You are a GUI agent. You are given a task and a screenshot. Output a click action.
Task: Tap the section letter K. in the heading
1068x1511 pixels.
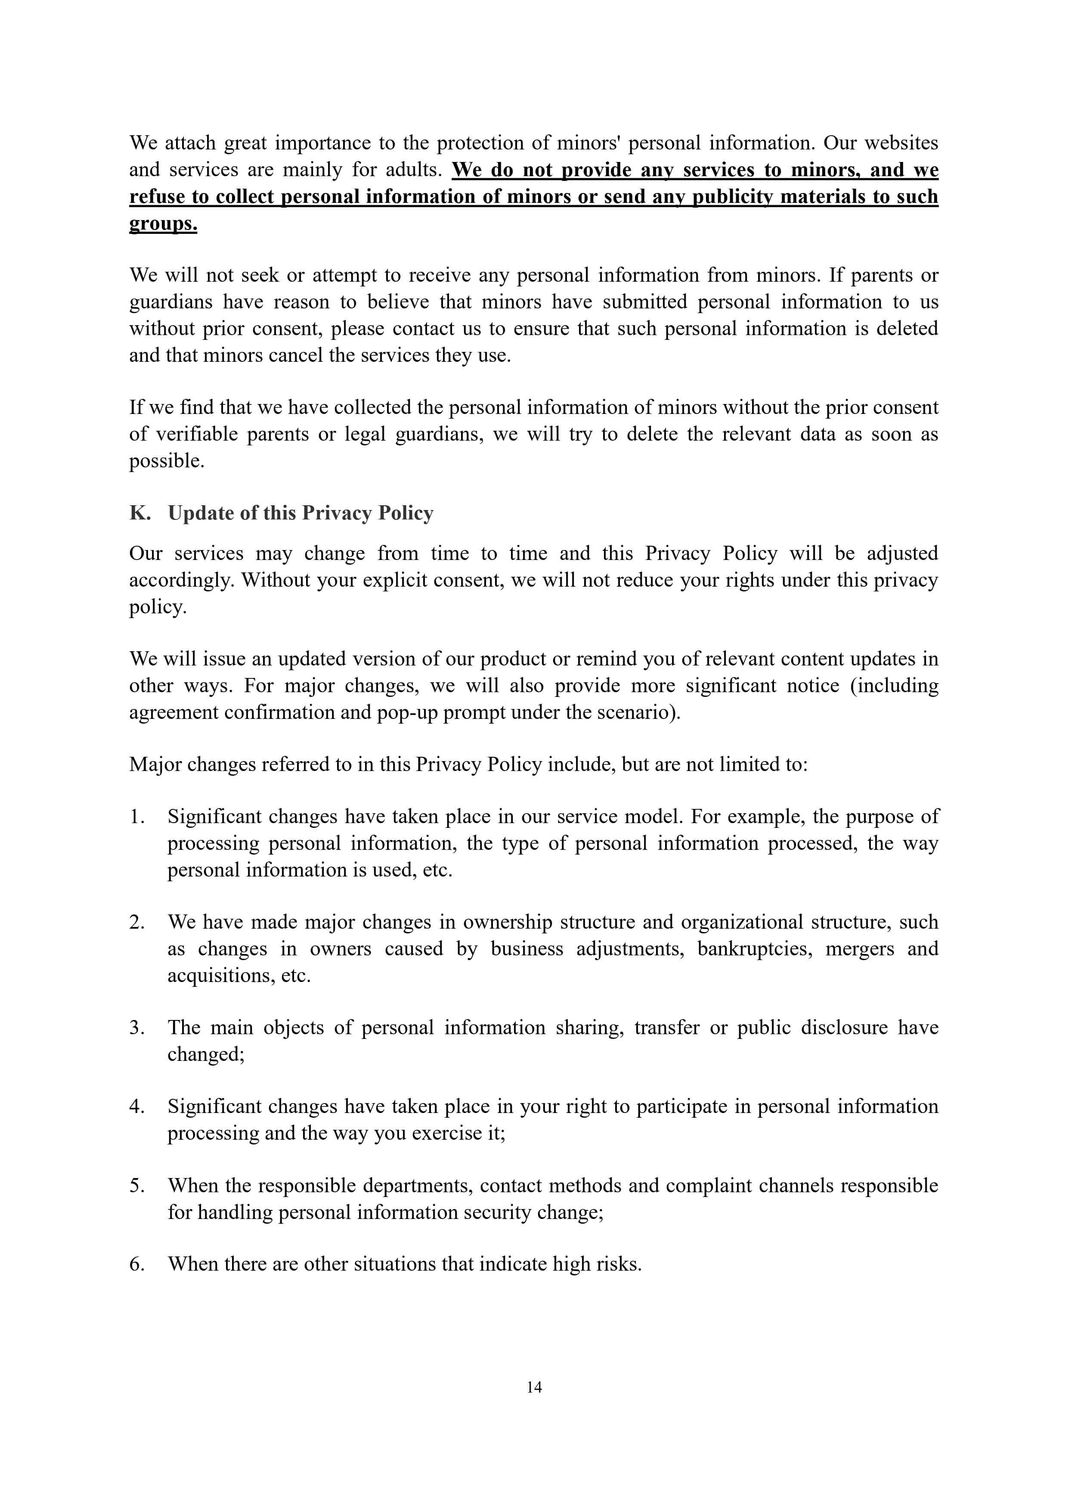(139, 513)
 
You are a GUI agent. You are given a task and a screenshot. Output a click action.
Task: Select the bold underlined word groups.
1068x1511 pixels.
(163, 224)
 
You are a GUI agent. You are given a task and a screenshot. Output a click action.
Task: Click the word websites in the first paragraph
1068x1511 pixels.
(901, 143)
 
